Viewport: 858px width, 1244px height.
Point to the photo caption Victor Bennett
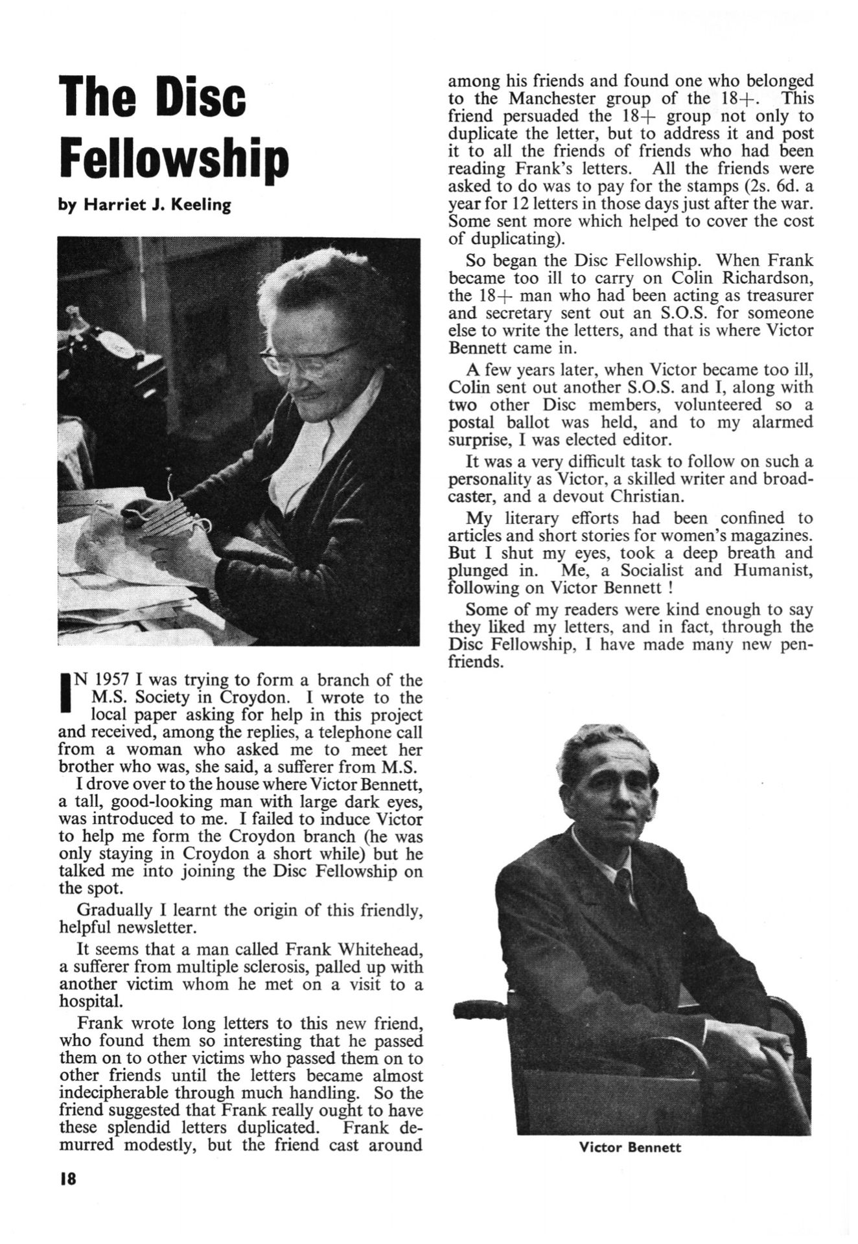(x=630, y=1147)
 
